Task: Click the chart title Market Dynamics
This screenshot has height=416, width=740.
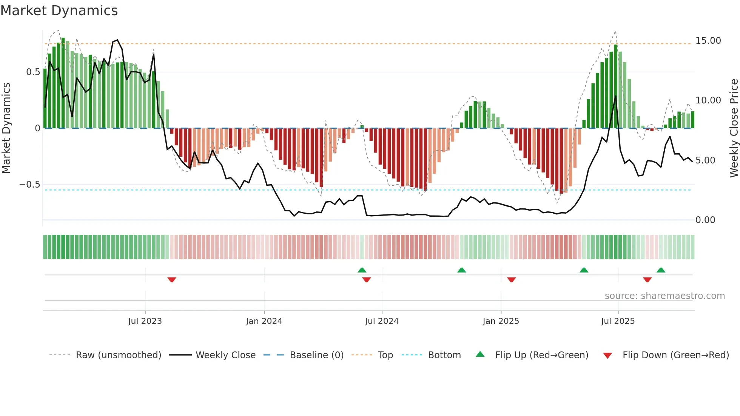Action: [x=59, y=11]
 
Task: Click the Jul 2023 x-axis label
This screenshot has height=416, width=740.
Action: [x=145, y=321]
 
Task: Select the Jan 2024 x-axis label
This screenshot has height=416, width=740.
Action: [x=264, y=321]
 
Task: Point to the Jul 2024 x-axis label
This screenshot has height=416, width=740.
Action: [x=382, y=321]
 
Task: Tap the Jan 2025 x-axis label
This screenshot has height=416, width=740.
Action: [x=501, y=321]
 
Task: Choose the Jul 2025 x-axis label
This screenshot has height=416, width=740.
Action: [x=618, y=321]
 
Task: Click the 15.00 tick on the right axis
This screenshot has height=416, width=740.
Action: [x=708, y=41]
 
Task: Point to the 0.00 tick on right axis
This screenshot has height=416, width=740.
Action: [x=705, y=220]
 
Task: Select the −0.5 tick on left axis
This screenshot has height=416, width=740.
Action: [x=30, y=185]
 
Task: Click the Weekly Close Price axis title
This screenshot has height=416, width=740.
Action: [x=734, y=128]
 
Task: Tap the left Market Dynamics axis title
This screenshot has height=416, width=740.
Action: [x=6, y=128]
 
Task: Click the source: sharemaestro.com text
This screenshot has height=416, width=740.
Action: [x=664, y=296]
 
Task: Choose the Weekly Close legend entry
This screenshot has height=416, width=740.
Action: [x=225, y=355]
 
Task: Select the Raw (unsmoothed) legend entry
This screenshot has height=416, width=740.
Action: [x=118, y=355]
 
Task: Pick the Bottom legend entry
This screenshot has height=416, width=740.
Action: [x=444, y=355]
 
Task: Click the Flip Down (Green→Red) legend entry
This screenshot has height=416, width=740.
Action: [x=675, y=355]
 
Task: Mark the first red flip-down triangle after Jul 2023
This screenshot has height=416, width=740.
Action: [x=172, y=280]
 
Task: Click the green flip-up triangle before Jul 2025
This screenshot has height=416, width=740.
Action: [x=584, y=270]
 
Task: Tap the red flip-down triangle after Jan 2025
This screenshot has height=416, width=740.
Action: [x=511, y=280]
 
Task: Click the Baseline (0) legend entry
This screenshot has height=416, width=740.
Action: [x=316, y=355]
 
